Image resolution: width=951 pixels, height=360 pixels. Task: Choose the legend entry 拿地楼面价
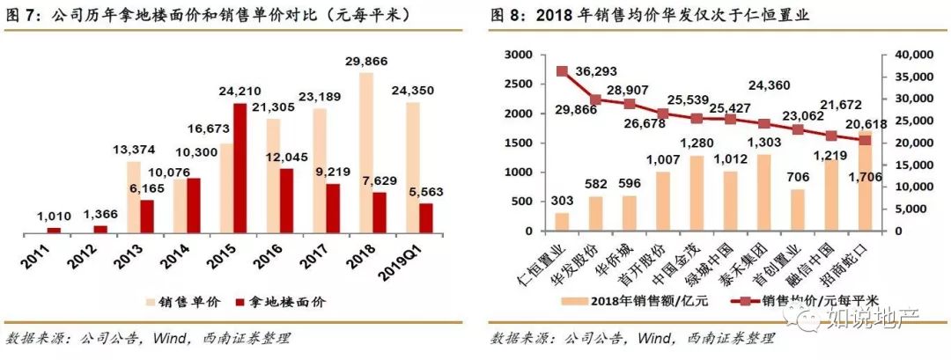287,301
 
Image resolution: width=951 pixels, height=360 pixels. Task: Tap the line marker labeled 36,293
562,70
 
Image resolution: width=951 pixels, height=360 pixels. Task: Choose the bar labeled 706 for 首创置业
798,210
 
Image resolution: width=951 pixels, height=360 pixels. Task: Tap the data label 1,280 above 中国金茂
696,144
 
